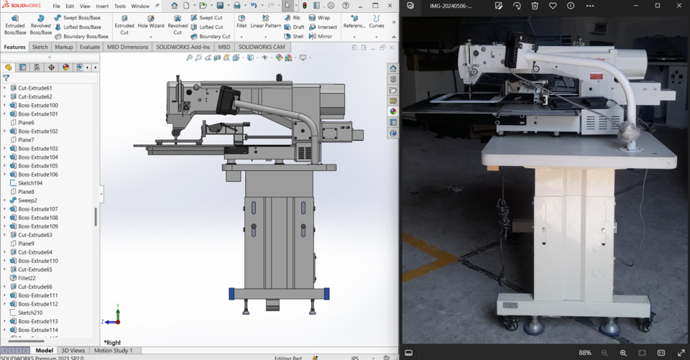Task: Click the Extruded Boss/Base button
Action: click(15, 24)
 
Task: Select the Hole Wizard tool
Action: click(151, 24)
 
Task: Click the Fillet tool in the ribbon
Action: click(241, 22)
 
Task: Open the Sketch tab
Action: click(40, 47)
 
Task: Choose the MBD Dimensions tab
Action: click(127, 47)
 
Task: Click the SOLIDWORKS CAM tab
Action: click(262, 47)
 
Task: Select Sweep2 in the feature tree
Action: click(27, 200)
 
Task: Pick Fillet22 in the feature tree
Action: click(27, 278)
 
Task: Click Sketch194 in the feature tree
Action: click(29, 183)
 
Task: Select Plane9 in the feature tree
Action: click(26, 244)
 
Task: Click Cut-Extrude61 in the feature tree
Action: click(34, 88)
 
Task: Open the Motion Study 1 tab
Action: click(113, 351)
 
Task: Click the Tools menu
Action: click(120, 6)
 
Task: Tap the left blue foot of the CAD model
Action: click(231, 294)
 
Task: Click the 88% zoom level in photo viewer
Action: click(585, 353)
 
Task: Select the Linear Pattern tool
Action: click(266, 26)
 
